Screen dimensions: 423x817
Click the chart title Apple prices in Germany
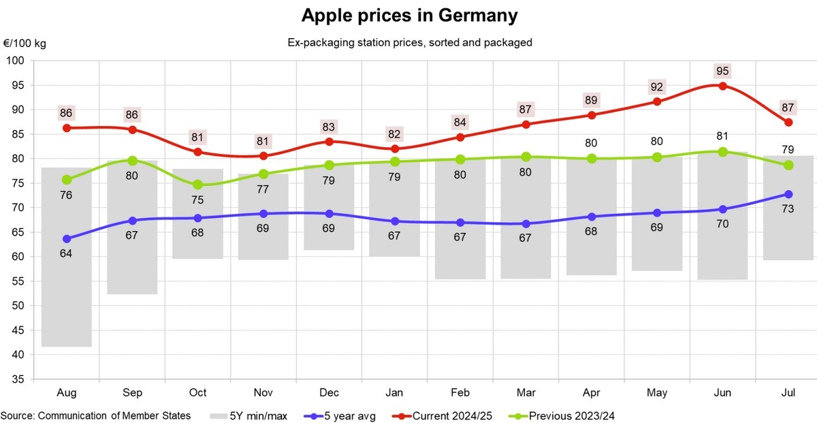coord(409,16)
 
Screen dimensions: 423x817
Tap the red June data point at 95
coord(723,86)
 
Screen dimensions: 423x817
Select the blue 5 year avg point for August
coord(67,239)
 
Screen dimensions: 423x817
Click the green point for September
coord(133,161)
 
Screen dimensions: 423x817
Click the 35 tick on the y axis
coord(18,379)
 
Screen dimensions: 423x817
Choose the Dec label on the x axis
coord(329,394)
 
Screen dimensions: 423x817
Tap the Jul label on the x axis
coord(788,394)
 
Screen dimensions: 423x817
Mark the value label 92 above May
coord(657,87)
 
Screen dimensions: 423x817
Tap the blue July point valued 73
coord(788,195)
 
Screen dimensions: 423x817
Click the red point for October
coord(198,152)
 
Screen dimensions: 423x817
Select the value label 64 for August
coord(67,253)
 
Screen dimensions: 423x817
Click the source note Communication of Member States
coord(95,415)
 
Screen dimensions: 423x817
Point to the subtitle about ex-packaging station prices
coord(409,42)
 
